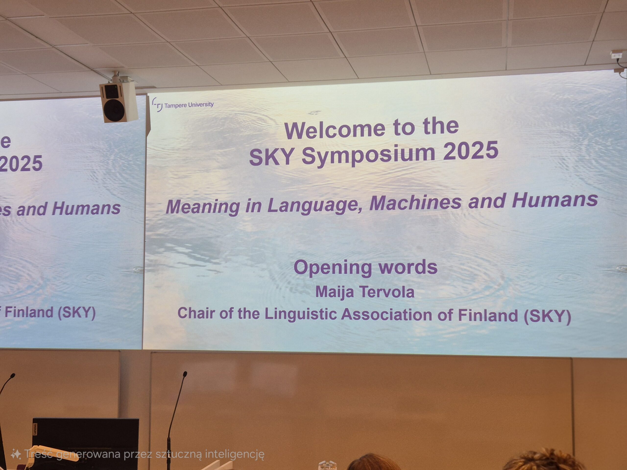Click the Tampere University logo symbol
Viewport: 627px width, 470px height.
[x=157, y=105]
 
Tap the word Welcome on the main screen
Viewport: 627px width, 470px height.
[x=335, y=130]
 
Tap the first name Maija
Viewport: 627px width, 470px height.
[x=335, y=292]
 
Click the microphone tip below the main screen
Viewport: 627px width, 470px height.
[x=185, y=374]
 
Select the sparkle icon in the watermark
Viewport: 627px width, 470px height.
[x=16, y=454]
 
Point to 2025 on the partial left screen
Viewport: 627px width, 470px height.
[x=21, y=164]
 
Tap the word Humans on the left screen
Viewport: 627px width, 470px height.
[x=86, y=209]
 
